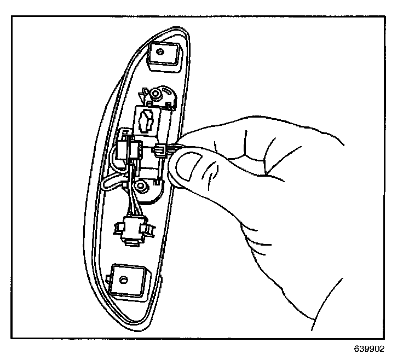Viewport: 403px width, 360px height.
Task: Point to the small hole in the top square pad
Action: point(160,53)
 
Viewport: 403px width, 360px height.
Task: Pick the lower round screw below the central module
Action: point(142,188)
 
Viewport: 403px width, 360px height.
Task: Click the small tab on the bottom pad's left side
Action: point(111,282)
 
